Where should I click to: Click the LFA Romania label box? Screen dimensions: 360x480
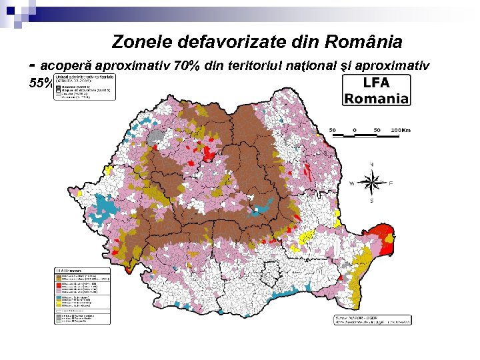[377, 90]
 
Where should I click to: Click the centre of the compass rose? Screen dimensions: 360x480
[372, 181]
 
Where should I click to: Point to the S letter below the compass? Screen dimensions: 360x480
[372, 200]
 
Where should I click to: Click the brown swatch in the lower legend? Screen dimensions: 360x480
[59, 275]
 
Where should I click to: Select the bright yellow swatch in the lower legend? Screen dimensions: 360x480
[59, 301]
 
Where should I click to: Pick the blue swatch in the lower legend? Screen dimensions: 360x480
[59, 297]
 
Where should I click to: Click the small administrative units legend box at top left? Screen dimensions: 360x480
[85, 87]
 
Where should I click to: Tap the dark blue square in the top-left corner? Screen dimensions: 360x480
[9, 9]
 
